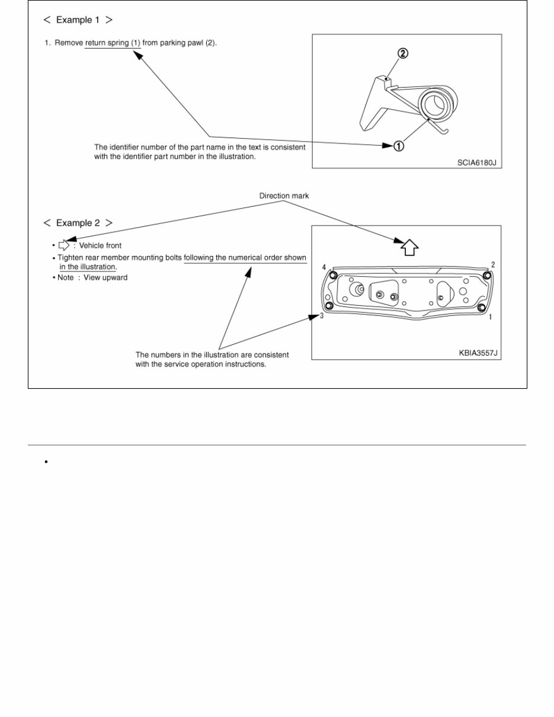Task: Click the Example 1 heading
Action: click(78, 20)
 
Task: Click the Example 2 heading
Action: click(78, 223)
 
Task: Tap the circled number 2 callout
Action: click(402, 54)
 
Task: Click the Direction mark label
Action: click(284, 196)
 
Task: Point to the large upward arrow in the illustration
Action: click(409, 246)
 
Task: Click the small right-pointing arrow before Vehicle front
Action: click(64, 245)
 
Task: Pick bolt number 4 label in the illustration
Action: click(324, 267)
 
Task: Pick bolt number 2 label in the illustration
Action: click(492, 265)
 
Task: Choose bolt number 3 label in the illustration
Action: click(322, 316)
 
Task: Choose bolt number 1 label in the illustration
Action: click(490, 318)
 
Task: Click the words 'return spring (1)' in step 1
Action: click(113, 43)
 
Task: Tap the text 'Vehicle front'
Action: click(100, 245)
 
